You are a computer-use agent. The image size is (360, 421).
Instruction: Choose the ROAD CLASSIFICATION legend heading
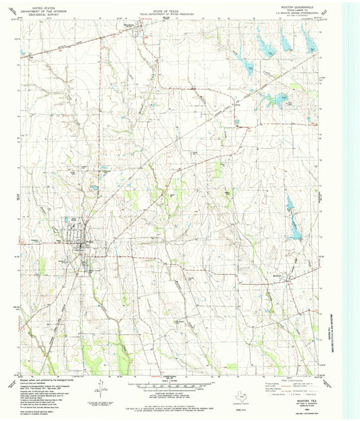pos(288,380)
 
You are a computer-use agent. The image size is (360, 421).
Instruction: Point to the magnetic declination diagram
pos(100,389)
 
